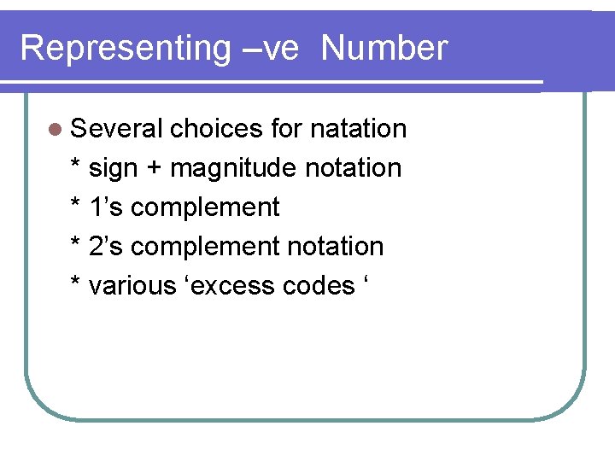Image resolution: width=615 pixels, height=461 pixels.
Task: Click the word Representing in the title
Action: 125,49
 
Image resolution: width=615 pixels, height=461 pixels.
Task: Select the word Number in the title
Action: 384,49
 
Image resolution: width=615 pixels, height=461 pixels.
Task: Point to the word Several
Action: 117,129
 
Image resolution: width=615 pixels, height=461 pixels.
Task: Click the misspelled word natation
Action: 358,129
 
